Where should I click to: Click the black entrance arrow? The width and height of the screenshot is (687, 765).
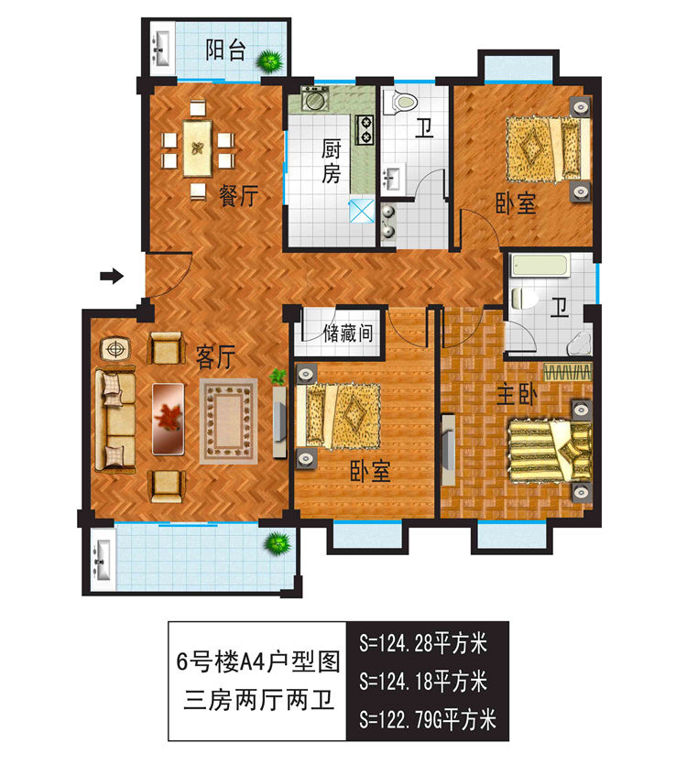coord(112,275)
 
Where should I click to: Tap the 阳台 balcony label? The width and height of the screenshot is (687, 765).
coord(224,50)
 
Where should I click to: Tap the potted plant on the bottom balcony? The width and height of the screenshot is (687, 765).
coord(276,545)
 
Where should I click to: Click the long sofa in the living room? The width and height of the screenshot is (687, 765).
coord(113,420)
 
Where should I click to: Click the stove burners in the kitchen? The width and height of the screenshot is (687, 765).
coord(365,130)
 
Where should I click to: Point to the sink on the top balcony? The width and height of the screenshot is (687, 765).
coord(161,47)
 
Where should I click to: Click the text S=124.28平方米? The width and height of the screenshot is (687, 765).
coord(422,641)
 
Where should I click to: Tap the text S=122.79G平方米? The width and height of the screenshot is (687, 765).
coord(428,718)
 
